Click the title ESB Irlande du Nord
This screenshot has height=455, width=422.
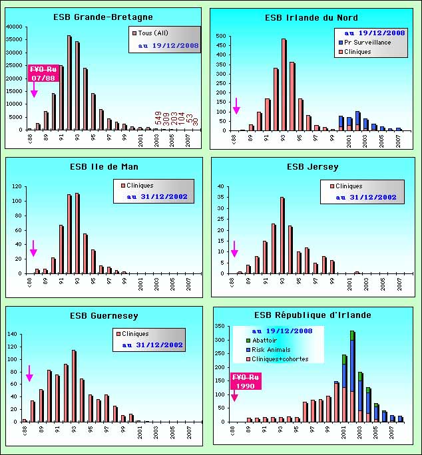312,17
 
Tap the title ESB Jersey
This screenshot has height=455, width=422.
312,166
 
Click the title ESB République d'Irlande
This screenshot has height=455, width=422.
313,315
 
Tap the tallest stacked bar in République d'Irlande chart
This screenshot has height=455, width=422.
352,376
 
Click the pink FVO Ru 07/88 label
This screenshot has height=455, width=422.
42,73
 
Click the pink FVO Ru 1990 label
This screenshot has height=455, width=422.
246,381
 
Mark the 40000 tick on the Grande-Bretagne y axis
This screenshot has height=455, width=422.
14,27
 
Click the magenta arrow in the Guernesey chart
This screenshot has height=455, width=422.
29,373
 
